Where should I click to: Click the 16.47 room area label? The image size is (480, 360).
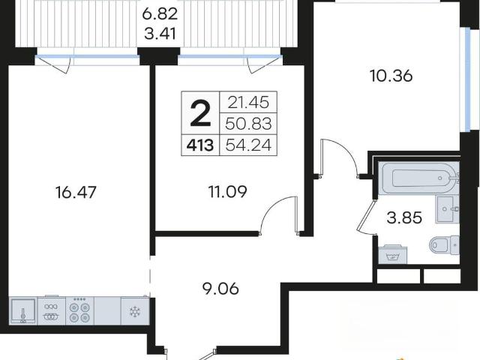click(76, 193)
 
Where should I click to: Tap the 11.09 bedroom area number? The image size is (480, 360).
click(227, 192)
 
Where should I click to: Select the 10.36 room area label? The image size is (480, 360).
click(391, 76)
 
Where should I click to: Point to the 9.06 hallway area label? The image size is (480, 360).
click(220, 288)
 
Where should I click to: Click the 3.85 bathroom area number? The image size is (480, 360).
click(404, 217)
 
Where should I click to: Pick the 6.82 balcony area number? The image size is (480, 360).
click(160, 14)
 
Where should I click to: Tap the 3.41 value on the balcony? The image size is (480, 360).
click(160, 34)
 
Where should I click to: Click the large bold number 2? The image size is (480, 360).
click(200, 114)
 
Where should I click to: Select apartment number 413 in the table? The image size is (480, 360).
click(200, 145)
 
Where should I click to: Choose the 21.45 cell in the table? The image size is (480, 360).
click(248, 103)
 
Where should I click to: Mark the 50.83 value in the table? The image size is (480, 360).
click(248, 124)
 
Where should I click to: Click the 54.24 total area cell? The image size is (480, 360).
click(248, 145)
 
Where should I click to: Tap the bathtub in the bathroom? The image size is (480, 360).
click(418, 178)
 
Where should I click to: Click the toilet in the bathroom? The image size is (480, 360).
click(444, 245)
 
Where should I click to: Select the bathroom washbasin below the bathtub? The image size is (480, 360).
click(447, 209)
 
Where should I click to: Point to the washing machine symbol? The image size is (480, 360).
click(393, 255)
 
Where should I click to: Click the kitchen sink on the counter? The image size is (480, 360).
click(23, 310)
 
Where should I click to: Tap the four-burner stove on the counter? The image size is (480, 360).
click(79, 310)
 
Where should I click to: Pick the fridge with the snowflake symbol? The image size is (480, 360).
click(135, 310)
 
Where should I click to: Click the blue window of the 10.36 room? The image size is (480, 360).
click(467, 79)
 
